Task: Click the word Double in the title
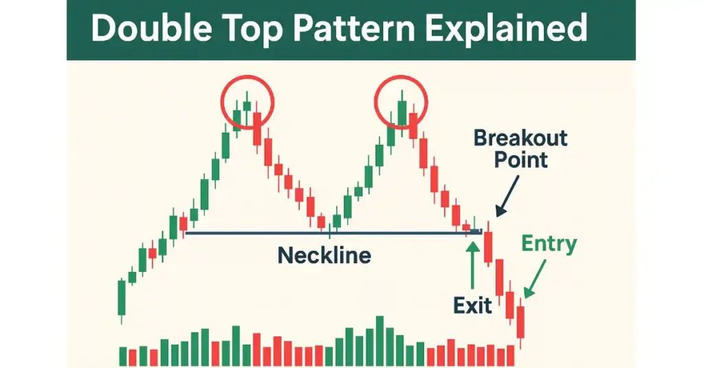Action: point(151,28)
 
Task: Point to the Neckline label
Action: point(324,255)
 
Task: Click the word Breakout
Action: point(520,138)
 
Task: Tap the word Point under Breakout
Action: point(521,159)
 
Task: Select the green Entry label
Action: point(549,244)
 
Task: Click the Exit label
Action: point(472,306)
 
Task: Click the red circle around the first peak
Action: point(221,102)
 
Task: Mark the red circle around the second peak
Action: point(375,102)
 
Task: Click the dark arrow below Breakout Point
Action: point(507,196)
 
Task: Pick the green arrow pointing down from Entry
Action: point(535,279)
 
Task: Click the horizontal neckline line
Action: point(333,233)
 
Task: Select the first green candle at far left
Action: point(121,298)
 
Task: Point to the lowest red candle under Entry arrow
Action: point(520,322)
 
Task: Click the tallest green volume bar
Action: point(379,341)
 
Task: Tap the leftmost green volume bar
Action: point(122,356)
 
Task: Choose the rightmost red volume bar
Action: point(511,356)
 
